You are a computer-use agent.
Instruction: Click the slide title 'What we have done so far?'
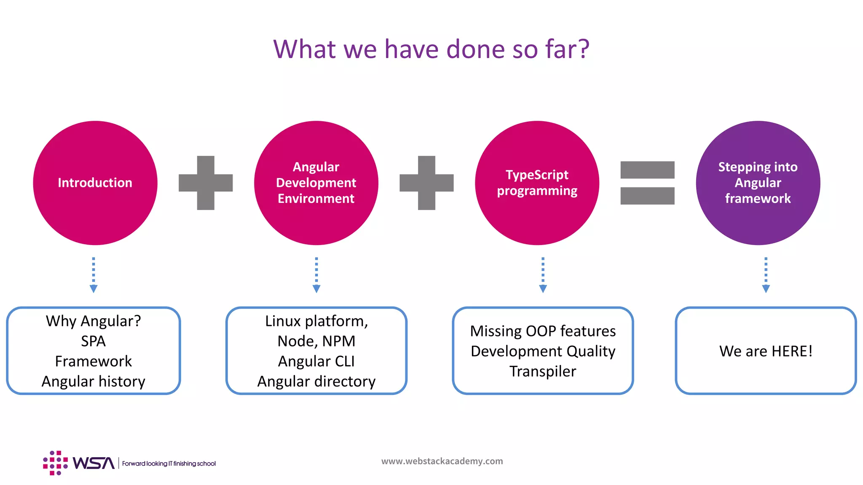tap(431, 49)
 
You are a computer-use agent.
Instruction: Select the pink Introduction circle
tap(95, 183)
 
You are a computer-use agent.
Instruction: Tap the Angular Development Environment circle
tap(316, 183)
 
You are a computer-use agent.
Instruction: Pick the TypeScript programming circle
tap(537, 183)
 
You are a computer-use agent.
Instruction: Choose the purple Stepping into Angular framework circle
tap(758, 183)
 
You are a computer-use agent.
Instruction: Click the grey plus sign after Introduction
tap(206, 183)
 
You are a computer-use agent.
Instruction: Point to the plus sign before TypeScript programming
tap(426, 183)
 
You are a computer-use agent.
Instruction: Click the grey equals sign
tap(647, 183)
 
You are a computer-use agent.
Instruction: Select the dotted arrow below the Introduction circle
tap(94, 275)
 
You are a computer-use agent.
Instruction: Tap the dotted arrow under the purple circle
tap(766, 275)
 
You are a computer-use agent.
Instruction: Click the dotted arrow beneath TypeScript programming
tap(543, 275)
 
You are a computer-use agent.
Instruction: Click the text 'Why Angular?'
tap(94, 321)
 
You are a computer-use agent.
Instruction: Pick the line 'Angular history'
tap(94, 381)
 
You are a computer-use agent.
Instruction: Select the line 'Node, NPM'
tap(316, 341)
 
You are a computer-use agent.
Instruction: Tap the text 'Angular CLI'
tap(316, 361)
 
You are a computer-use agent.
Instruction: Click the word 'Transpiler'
tap(543, 371)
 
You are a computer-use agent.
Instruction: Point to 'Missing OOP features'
tap(543, 331)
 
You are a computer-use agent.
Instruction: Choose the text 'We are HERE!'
tap(766, 351)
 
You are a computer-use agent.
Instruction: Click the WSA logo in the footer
tap(79, 463)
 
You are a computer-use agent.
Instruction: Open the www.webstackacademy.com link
tap(442, 461)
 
